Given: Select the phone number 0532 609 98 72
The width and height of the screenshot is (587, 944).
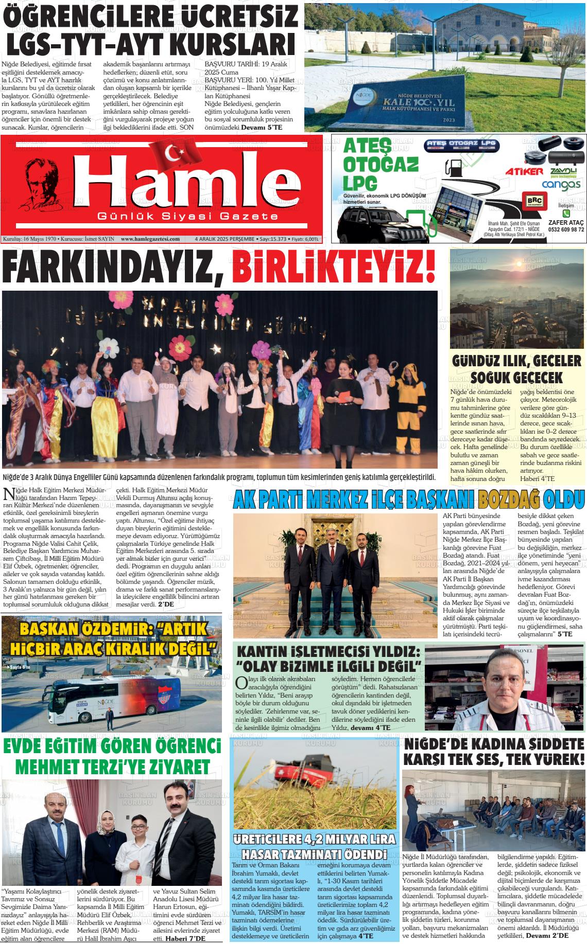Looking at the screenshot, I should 566,229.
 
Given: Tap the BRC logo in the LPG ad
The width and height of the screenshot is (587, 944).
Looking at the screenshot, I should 531,200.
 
